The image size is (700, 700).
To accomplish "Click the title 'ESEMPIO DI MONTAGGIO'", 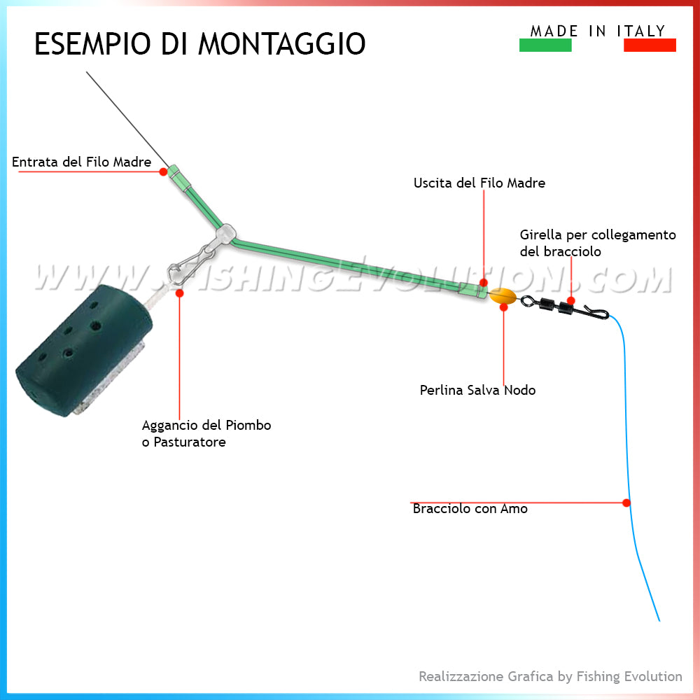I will point(199,44).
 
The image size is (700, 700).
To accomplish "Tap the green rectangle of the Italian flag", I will point(545,45).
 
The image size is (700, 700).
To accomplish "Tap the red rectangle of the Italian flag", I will point(650,45).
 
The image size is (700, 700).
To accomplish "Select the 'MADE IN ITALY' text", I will point(598,31).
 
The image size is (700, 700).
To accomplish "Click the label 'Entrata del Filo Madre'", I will point(81,162).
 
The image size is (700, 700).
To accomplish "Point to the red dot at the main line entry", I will point(163,171).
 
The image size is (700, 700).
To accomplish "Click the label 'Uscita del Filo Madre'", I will point(479,183).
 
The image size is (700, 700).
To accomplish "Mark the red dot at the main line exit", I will point(483,283).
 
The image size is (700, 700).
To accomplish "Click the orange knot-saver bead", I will point(503,297).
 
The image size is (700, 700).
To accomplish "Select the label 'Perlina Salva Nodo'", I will point(477,390).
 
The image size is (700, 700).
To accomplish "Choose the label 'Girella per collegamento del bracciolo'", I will point(598,242).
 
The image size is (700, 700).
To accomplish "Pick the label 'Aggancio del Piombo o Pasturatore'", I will point(206,433).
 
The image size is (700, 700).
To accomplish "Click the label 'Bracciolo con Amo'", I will point(470,509).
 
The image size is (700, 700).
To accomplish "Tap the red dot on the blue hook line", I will point(626,503).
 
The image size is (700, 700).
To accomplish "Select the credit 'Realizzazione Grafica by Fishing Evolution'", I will point(550,676).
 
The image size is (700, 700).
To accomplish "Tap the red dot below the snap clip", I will point(179,294).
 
